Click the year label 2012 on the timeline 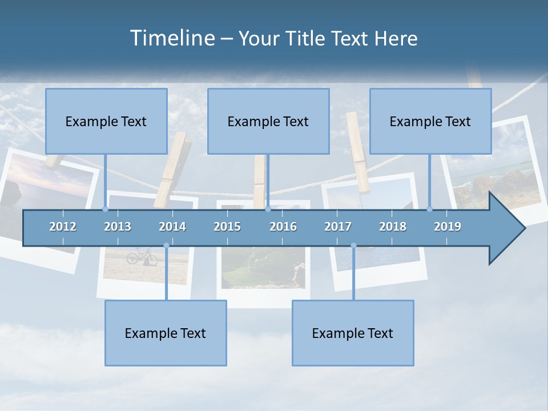[63, 227]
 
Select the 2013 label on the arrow [118, 227]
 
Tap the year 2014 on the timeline [172, 227]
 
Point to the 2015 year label [227, 227]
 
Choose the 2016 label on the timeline [283, 227]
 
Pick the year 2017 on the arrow [338, 227]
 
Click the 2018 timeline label [393, 227]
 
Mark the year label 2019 [448, 227]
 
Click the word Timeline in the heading [172, 38]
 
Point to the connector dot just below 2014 [166, 245]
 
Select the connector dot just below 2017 [353, 245]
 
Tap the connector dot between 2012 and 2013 [105, 209]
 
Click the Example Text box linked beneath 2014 [166, 333]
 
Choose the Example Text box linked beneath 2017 [353, 333]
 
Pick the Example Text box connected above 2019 [430, 121]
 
